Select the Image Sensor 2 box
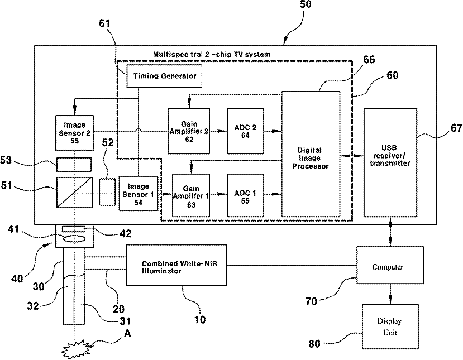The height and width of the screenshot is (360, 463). [x=74, y=133]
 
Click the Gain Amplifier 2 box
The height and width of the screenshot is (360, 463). [x=189, y=131]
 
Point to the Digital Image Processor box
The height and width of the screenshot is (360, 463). [x=310, y=153]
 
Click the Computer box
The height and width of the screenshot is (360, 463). [x=387, y=267]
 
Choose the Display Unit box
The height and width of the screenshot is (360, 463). [x=389, y=327]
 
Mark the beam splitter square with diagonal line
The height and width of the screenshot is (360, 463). [x=74, y=191]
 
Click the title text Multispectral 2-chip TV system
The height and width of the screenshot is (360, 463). [x=212, y=55]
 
